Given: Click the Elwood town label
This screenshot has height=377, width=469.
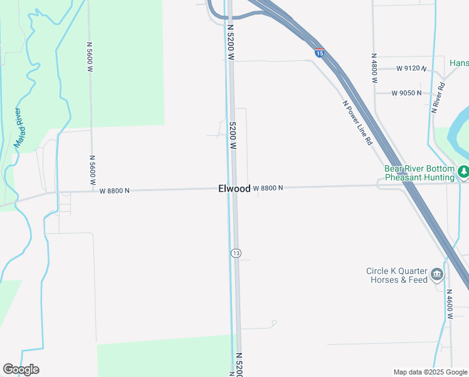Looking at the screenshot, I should click(x=234, y=188).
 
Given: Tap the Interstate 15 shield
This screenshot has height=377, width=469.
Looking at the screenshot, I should click(x=319, y=53).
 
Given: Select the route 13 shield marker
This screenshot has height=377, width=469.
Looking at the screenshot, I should click(x=235, y=253).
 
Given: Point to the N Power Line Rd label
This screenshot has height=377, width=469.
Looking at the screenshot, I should click(x=357, y=123).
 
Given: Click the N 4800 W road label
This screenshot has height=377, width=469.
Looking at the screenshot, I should click(x=374, y=68).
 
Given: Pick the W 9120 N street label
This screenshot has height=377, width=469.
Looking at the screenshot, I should click(x=411, y=68).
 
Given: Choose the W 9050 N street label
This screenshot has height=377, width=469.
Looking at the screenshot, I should click(x=407, y=93).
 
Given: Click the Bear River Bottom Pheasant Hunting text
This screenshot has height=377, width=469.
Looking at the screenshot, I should click(x=419, y=173).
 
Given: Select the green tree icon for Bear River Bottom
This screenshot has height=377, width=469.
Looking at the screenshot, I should click(x=463, y=171).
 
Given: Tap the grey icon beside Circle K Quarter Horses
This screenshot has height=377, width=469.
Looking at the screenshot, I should click(x=437, y=275).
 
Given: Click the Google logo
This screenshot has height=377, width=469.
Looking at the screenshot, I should click(x=21, y=369).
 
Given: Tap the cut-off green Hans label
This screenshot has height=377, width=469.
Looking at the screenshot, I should click(x=459, y=63).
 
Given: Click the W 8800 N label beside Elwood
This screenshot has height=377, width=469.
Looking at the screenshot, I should click(x=269, y=188).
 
